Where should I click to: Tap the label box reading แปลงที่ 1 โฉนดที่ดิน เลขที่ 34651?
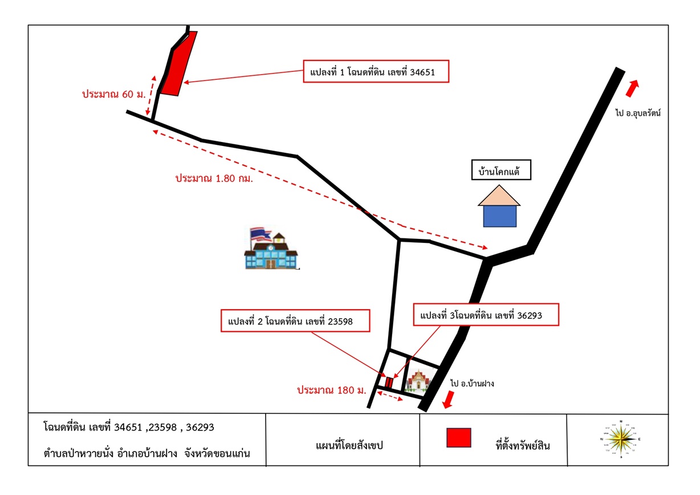coord(376,72)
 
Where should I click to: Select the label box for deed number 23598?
coord(295,321)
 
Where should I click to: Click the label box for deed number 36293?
coord(486,315)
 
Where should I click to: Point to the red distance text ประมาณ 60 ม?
coord(114,94)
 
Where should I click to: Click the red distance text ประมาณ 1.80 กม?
coord(214,178)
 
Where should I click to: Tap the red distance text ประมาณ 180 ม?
coord(332,390)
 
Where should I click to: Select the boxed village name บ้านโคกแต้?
coord(501,170)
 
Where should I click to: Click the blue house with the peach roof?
coord(499,206)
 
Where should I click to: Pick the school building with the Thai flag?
coord(271,248)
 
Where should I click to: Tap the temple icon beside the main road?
coord(418,380)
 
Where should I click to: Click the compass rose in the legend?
coord(621,439)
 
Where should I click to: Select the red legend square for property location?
coord(459,438)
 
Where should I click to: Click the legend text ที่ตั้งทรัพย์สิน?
coord(523,445)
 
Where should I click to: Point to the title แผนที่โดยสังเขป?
coord(349,445)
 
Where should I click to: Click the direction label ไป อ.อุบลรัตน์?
coord(638,113)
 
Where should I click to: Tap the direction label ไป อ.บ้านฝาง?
coord(472,383)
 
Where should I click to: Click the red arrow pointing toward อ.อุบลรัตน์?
coord(632,88)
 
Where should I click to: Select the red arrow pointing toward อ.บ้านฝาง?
coord(449,400)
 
